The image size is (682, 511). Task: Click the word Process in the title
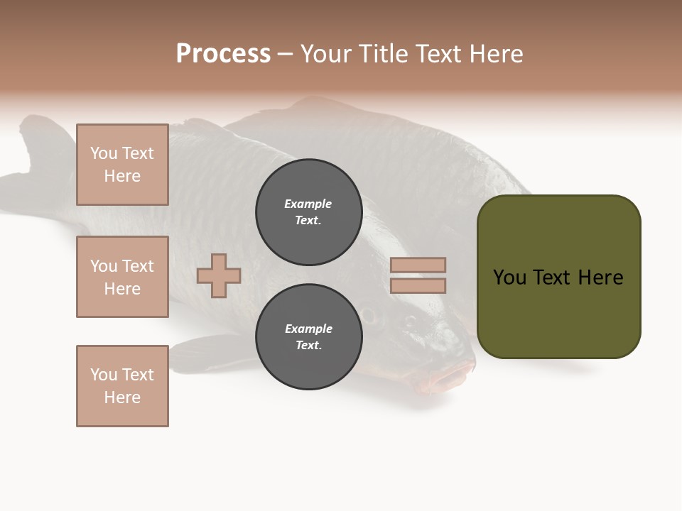click(223, 54)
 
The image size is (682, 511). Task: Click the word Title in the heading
click(381, 54)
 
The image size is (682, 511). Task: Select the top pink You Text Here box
click(122, 165)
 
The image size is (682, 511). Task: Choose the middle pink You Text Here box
click(122, 277)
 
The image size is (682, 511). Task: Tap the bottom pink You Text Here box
click(122, 386)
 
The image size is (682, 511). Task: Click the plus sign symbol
click(219, 275)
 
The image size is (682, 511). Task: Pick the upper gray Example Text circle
click(308, 211)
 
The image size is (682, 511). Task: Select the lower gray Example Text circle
click(308, 336)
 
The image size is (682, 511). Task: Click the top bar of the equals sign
click(418, 265)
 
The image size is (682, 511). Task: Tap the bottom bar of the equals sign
click(418, 285)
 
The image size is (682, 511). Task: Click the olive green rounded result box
click(558, 277)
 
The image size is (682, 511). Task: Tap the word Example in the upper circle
click(308, 204)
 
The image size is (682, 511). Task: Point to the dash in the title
click(285, 54)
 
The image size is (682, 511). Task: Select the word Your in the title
click(326, 54)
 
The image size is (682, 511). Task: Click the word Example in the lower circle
click(308, 329)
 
